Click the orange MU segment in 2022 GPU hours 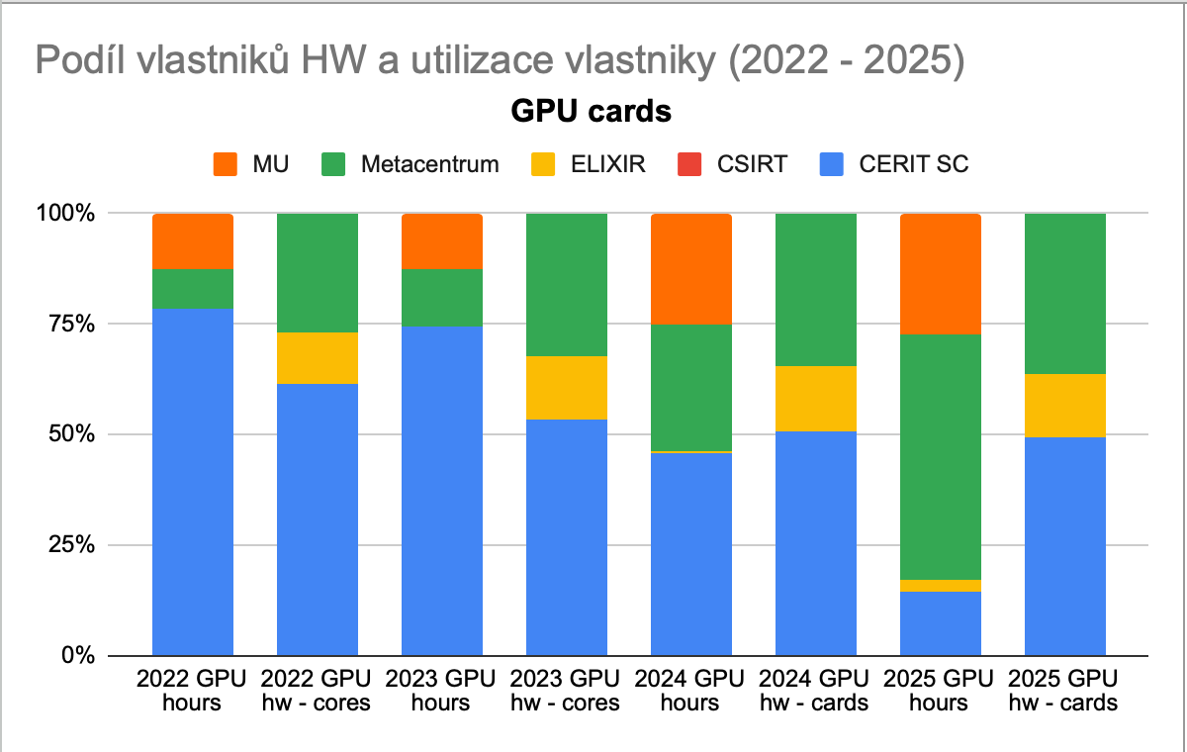tap(193, 240)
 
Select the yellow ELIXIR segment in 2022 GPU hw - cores tap(318, 358)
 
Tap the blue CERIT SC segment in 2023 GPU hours tap(442, 491)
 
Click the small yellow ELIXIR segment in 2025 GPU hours tap(941, 586)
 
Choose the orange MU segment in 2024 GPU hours tap(691, 269)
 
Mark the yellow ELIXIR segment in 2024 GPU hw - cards tap(816, 399)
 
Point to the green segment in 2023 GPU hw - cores tap(567, 285)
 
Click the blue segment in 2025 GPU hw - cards tap(1065, 546)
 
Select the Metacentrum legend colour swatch tap(335, 164)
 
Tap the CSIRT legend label tap(752, 164)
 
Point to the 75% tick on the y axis tap(67, 324)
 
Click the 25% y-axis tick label tap(67, 545)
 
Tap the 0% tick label tap(75, 656)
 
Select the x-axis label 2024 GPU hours tap(691, 691)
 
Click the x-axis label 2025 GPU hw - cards tap(1065, 691)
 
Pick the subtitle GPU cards tap(592, 112)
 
